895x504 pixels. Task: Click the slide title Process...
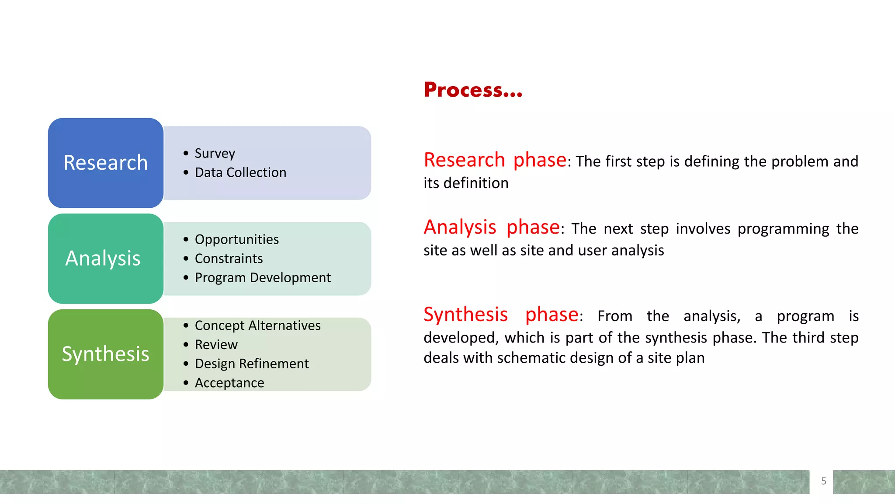coord(472,90)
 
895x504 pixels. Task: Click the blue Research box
coord(105,163)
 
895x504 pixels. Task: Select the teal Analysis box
coord(105,258)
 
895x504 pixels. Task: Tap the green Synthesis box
coord(105,354)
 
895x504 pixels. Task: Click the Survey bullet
coord(215,153)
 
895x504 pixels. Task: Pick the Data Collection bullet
coord(240,172)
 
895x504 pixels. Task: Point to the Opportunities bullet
coord(236,239)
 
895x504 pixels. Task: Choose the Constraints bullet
coord(229,259)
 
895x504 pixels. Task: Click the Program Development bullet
coord(263,278)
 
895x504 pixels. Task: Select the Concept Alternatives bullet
coord(257,325)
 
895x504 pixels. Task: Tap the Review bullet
coord(216,345)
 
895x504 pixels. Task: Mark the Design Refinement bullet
coord(252,364)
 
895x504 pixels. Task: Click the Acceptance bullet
coord(229,383)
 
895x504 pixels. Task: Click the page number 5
coord(823,481)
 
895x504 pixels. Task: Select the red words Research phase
coord(495,160)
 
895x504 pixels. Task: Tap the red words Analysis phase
coord(492,227)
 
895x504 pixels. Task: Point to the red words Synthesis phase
coord(501,315)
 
